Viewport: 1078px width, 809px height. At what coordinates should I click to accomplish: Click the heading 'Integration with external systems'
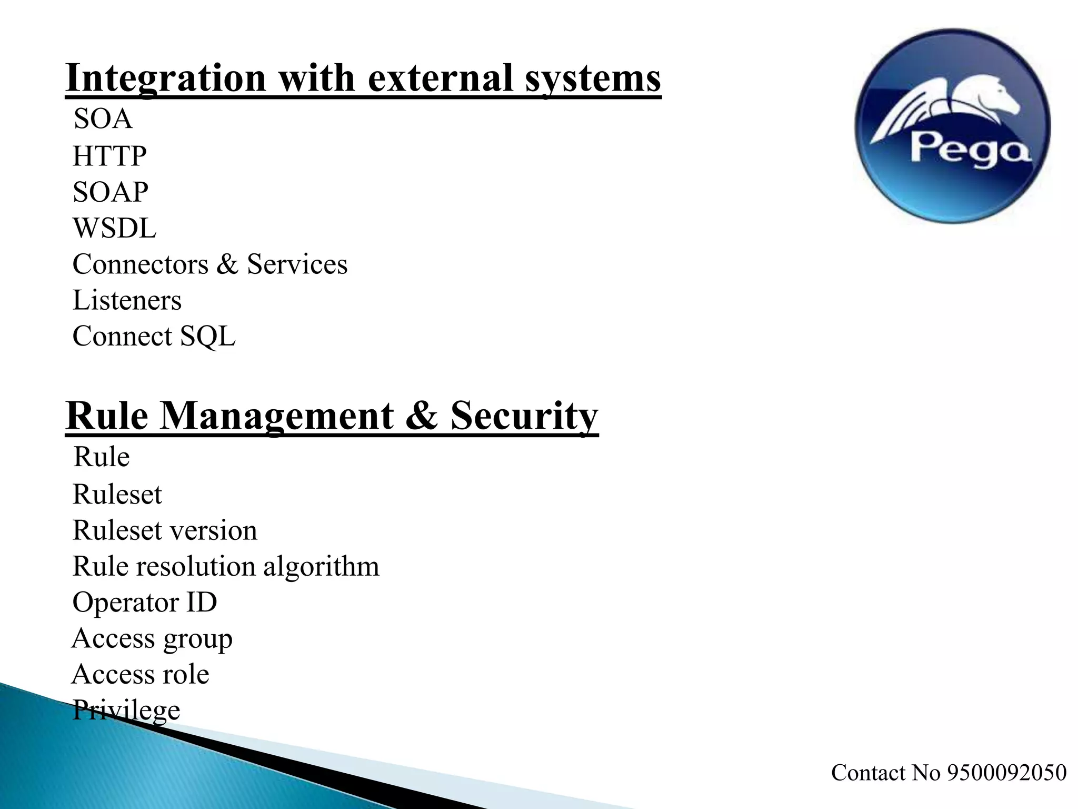363,78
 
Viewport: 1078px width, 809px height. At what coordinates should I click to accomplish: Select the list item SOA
103,119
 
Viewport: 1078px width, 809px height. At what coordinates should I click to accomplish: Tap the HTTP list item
109,156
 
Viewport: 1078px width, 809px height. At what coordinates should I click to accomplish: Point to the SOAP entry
111,192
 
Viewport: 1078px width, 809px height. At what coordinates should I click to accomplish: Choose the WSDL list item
114,229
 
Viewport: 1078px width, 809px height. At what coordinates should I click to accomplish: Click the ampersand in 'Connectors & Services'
227,264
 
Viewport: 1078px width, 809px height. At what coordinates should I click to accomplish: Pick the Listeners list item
127,301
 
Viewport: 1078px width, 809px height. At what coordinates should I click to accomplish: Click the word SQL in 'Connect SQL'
208,337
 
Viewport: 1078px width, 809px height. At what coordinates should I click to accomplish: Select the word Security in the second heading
524,416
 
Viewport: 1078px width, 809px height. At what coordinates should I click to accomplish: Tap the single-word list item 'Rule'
102,457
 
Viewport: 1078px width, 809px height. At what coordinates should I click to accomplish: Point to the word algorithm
321,567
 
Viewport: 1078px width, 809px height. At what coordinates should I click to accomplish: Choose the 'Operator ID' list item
145,603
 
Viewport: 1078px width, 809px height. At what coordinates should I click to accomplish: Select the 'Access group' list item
152,639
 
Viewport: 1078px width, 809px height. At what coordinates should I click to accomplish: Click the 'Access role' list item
141,675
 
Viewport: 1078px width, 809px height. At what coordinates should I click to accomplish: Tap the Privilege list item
126,711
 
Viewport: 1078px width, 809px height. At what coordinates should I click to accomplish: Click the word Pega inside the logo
970,149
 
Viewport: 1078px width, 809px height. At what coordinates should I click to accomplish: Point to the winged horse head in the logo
1000,100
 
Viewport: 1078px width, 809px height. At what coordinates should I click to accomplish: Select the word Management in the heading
277,416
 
